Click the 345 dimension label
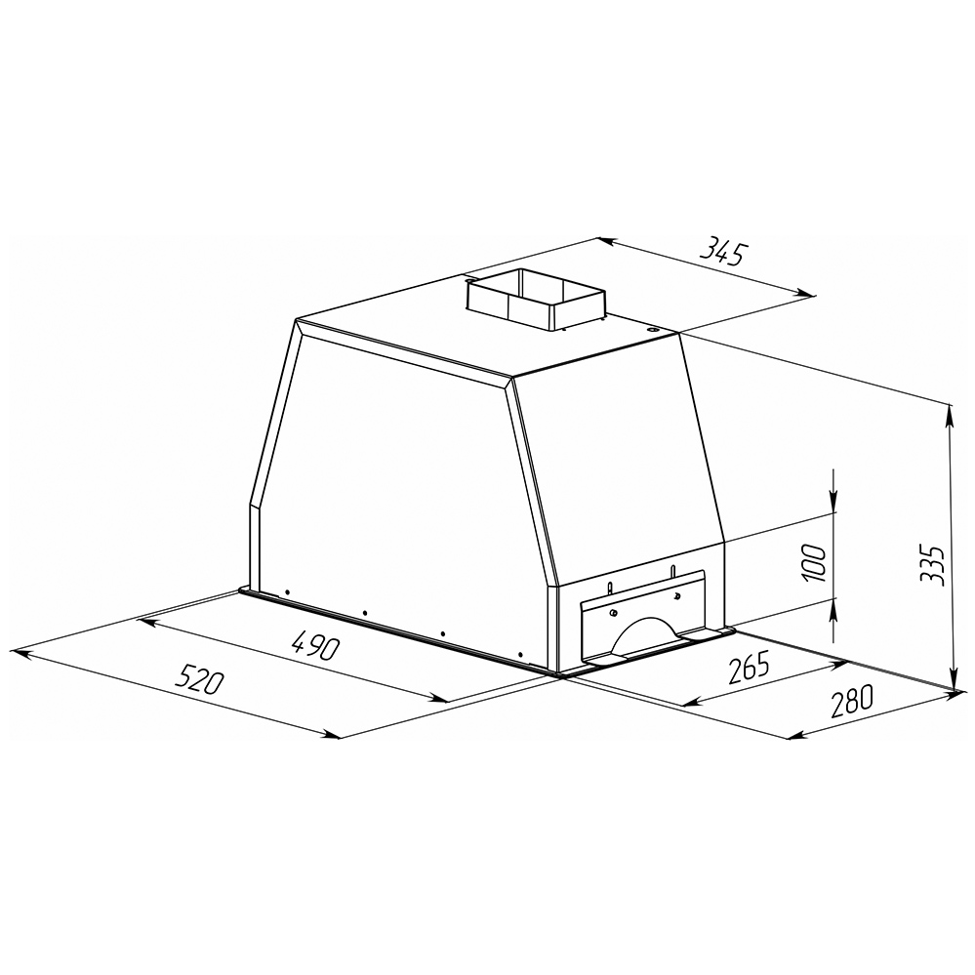point(722,252)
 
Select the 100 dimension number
point(815,563)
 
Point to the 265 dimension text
point(748,666)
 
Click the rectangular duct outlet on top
point(536,300)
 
